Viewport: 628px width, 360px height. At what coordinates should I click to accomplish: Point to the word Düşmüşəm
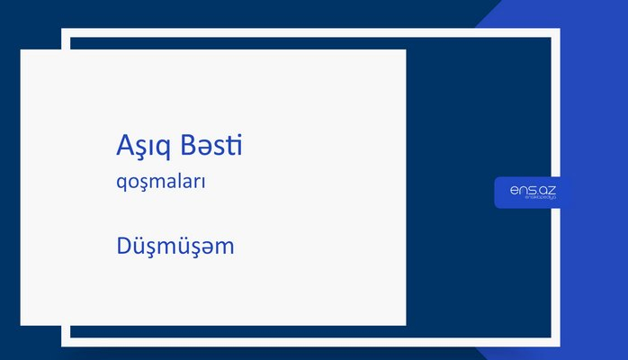[x=175, y=245]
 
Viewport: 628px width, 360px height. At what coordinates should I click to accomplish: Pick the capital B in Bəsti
[x=187, y=146]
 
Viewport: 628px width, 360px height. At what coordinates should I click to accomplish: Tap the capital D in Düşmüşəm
[x=124, y=245]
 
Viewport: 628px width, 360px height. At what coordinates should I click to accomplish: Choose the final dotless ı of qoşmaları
[x=205, y=182]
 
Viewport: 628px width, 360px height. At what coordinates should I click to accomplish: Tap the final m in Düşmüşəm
[x=225, y=247]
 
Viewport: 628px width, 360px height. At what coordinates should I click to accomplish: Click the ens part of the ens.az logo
[x=520, y=190]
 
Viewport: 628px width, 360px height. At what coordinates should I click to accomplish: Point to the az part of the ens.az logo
[x=546, y=190]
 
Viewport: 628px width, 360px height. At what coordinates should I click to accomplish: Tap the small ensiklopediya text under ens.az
[x=532, y=200]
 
